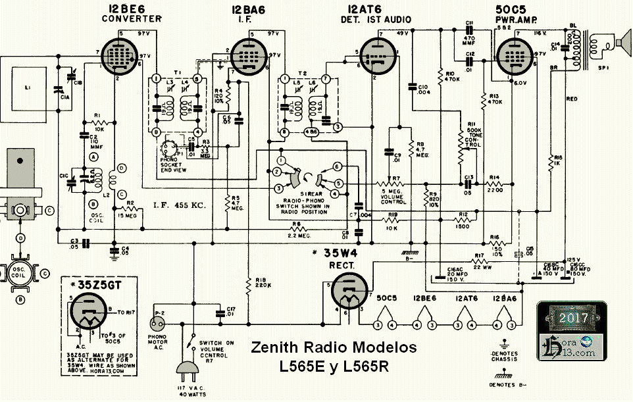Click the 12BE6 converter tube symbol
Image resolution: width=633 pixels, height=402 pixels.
(117, 53)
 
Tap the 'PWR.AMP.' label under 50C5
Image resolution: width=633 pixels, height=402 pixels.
(514, 20)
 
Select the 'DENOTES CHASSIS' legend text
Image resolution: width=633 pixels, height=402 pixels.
(504, 357)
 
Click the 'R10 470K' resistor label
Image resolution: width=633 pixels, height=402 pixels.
(451, 76)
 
